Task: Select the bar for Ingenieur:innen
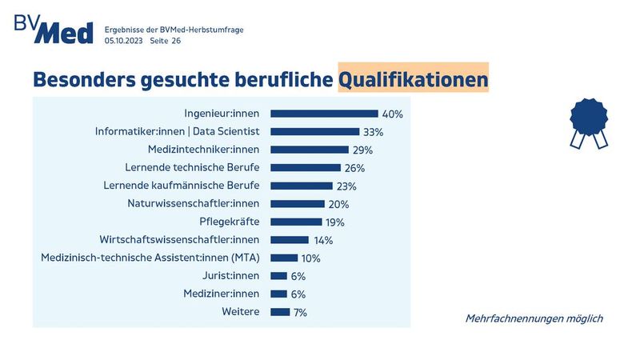click(x=324, y=114)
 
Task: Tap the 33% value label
click(x=374, y=132)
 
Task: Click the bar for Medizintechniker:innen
click(x=309, y=150)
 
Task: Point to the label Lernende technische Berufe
click(x=193, y=168)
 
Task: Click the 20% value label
click(x=339, y=204)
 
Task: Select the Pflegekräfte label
click(x=230, y=222)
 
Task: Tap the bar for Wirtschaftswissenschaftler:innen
click(x=290, y=240)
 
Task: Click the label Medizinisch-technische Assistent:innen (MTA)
click(x=150, y=258)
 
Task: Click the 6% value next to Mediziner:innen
click(x=298, y=294)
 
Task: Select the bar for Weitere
click(x=280, y=312)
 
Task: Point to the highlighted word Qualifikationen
click(x=412, y=80)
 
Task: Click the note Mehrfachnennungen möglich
click(x=534, y=318)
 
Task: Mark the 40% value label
click(x=392, y=114)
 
